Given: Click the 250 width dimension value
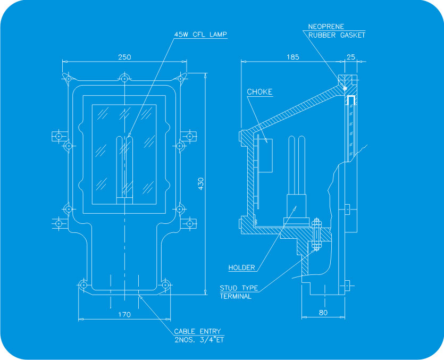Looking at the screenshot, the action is (124, 57).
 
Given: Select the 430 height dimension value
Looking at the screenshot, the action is (201, 183).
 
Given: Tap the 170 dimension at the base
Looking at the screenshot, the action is (124, 314).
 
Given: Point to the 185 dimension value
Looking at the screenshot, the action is (293, 57).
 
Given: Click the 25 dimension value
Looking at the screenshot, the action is (351, 57).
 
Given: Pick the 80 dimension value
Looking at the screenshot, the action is (323, 313).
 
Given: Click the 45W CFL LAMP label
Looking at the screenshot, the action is (200, 35).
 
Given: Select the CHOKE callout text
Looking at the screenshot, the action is (259, 92).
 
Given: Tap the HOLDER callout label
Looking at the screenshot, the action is (241, 267).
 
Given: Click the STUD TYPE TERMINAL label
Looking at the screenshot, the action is (239, 292).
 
